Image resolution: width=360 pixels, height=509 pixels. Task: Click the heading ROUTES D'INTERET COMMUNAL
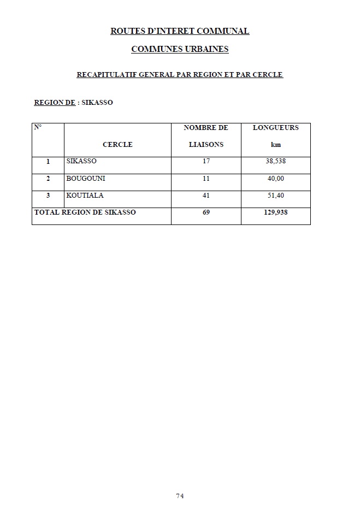(x=180, y=31)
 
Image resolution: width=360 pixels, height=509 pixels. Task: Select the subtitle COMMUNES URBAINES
(x=180, y=50)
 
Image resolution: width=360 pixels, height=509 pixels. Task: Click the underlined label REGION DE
(x=55, y=102)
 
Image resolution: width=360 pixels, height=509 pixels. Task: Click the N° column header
(x=38, y=127)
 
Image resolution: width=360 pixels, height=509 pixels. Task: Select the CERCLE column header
(x=117, y=145)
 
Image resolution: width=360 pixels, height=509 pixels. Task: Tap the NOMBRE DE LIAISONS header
(x=206, y=136)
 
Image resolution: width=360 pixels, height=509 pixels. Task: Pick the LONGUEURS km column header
(x=275, y=136)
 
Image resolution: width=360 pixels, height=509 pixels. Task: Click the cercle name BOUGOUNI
(x=85, y=179)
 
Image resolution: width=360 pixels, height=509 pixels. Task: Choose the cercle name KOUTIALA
(x=85, y=196)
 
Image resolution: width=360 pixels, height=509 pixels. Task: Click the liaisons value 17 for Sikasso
(x=206, y=162)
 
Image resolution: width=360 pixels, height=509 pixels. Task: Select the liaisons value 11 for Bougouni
(x=206, y=179)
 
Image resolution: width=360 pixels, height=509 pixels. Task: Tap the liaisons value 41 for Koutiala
(x=206, y=196)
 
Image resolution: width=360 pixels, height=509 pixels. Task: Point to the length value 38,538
(x=275, y=162)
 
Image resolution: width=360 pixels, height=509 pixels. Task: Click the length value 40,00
(x=275, y=179)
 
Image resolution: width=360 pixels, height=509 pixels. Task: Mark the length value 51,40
(x=275, y=196)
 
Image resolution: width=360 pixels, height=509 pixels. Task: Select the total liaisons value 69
(x=206, y=212)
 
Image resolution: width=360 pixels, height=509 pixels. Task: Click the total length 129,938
(x=275, y=212)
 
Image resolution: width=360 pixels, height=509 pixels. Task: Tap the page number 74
(x=180, y=496)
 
